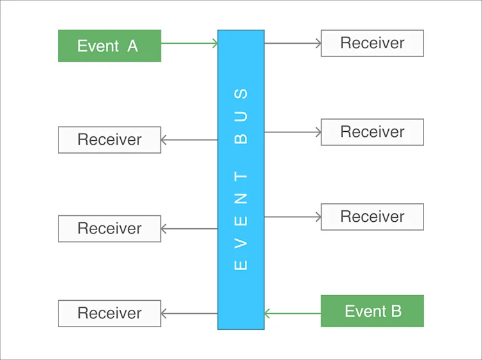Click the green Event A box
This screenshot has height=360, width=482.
[109, 46]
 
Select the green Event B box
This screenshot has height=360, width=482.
[372, 311]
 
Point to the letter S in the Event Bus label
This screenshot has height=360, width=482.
[241, 93]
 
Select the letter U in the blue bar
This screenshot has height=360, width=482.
[241, 116]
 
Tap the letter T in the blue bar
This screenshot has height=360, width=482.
[241, 176]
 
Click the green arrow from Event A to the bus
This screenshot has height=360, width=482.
[189, 43]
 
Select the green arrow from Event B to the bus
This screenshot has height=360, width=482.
[292, 314]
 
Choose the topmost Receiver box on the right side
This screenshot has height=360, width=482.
[372, 43]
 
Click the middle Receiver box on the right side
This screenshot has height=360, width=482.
[372, 132]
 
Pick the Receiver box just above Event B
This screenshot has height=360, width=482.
[372, 217]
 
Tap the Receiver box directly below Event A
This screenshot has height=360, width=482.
[109, 139]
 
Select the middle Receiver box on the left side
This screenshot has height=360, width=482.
[109, 228]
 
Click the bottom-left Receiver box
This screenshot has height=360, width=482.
[109, 313]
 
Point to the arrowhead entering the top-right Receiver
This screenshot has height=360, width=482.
[317, 43]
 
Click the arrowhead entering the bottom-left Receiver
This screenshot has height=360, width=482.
[165, 313]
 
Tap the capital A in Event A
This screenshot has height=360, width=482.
[132, 46]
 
